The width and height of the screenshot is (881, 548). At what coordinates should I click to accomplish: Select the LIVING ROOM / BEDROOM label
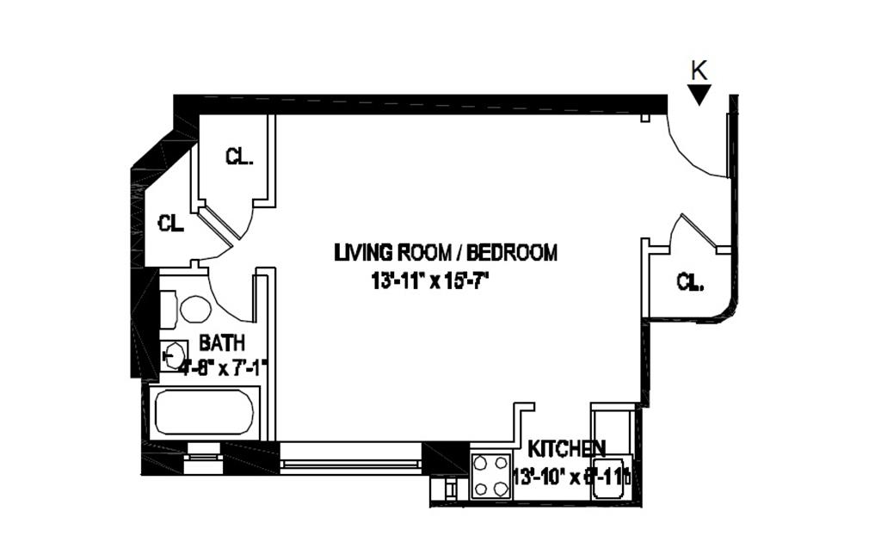[446, 253]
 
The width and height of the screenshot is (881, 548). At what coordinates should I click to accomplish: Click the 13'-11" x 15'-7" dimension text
[435, 280]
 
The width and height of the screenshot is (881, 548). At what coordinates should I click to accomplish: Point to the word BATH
[222, 342]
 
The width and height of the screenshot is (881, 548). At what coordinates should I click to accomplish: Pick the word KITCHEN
[566, 448]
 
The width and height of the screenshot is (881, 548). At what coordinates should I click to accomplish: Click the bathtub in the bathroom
[204, 413]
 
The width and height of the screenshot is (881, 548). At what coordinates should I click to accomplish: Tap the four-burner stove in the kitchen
[491, 476]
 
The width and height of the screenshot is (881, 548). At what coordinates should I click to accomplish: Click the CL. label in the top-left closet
[239, 157]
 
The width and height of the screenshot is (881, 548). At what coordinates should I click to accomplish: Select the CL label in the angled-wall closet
[171, 224]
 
